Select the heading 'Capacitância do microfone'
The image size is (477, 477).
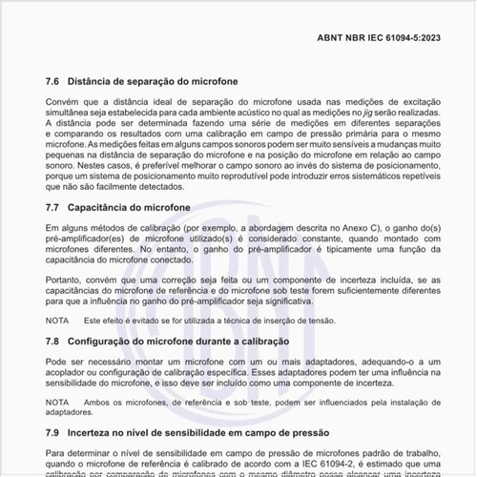tap(134, 207)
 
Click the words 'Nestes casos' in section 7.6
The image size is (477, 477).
tap(87, 165)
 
